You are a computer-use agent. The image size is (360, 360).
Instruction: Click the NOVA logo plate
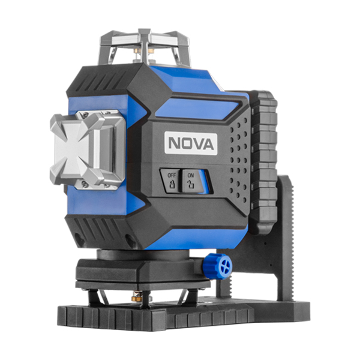pyautogui.click(x=191, y=143)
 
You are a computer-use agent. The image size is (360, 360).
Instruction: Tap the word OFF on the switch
pyautogui.click(x=172, y=175)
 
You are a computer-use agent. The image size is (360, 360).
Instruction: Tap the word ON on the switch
pyautogui.click(x=191, y=176)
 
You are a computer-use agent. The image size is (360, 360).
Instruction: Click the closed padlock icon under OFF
pyautogui.click(x=172, y=184)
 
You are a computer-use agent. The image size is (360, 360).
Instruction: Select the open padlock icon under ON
pyautogui.click(x=190, y=184)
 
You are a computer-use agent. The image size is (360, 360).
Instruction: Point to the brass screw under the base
pyautogui.click(x=137, y=298)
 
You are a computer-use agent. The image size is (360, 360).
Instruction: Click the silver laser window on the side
pyautogui.click(x=88, y=149)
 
